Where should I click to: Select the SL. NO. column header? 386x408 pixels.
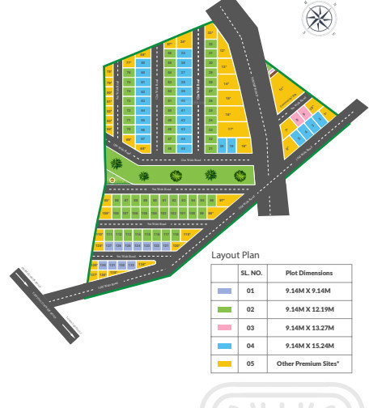tap(250, 274)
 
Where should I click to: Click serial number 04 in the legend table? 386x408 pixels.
tap(250, 345)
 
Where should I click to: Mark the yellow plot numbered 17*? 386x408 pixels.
tap(231, 129)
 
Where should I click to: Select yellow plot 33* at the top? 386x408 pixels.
tap(210, 34)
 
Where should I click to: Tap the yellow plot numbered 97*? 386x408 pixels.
tap(223, 199)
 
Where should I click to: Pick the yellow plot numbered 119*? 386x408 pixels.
tap(187, 235)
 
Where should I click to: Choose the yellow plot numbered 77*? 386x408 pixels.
tap(129, 62)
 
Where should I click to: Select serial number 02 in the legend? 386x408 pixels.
tap(250, 309)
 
